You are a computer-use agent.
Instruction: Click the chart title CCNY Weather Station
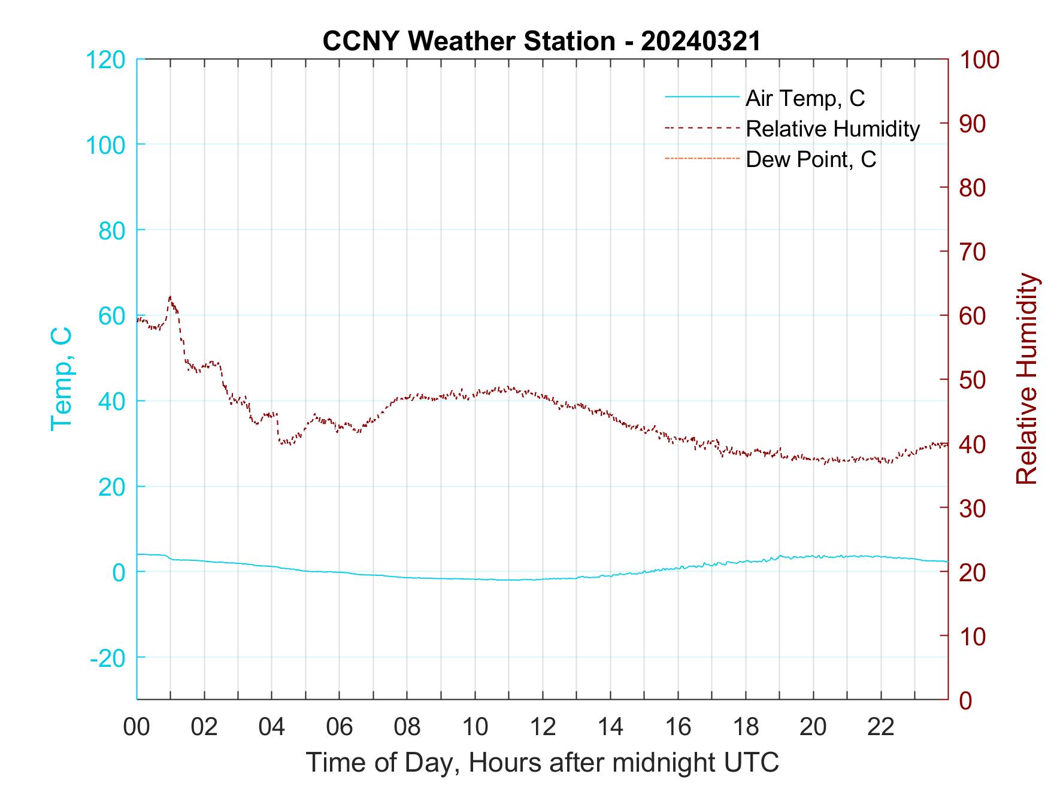(541, 41)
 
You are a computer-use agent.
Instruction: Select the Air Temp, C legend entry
(804, 98)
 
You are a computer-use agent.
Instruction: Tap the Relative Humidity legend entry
(832, 129)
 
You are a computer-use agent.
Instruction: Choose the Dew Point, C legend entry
(810, 160)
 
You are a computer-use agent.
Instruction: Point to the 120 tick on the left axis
(105, 60)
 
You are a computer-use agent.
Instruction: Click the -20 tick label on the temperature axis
(108, 658)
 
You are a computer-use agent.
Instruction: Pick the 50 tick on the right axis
(973, 380)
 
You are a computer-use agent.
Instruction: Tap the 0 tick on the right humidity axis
(965, 700)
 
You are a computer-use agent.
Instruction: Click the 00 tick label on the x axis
(137, 727)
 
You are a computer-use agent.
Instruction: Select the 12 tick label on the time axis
(543, 727)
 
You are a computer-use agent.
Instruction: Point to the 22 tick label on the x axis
(881, 727)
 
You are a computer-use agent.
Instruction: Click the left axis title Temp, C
(61, 379)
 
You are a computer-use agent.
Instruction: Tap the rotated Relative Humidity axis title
(1026, 379)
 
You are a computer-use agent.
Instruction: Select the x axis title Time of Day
(543, 763)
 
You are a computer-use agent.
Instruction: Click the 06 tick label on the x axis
(340, 727)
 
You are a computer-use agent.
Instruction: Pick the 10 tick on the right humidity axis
(973, 636)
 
